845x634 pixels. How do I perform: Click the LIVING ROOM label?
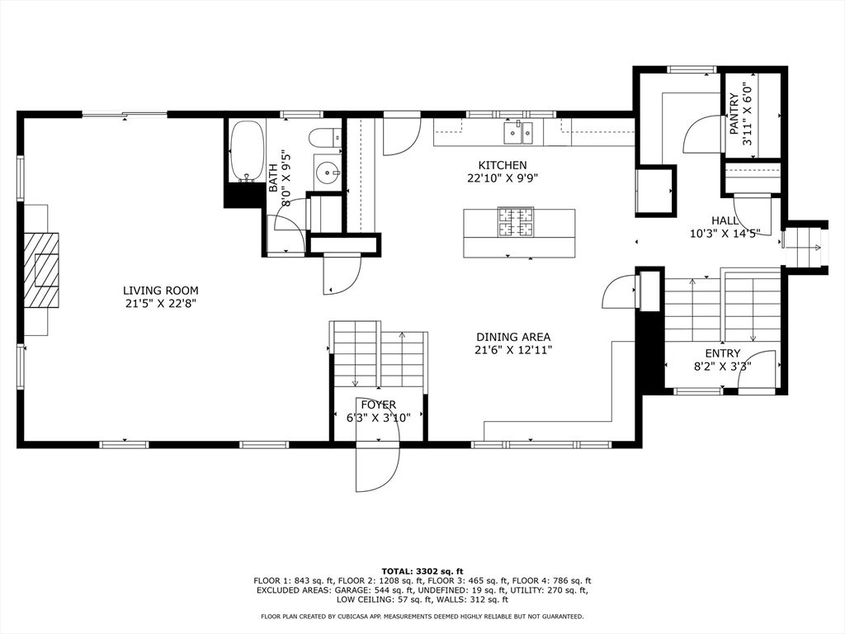[160, 291]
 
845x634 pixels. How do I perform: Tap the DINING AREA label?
[512, 337]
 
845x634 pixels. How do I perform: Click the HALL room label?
[726, 220]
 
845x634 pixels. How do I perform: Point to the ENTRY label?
[722, 353]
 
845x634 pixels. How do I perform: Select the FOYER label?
[378, 405]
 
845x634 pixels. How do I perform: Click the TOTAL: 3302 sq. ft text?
[422, 571]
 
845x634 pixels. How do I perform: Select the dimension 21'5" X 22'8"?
[160, 303]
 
